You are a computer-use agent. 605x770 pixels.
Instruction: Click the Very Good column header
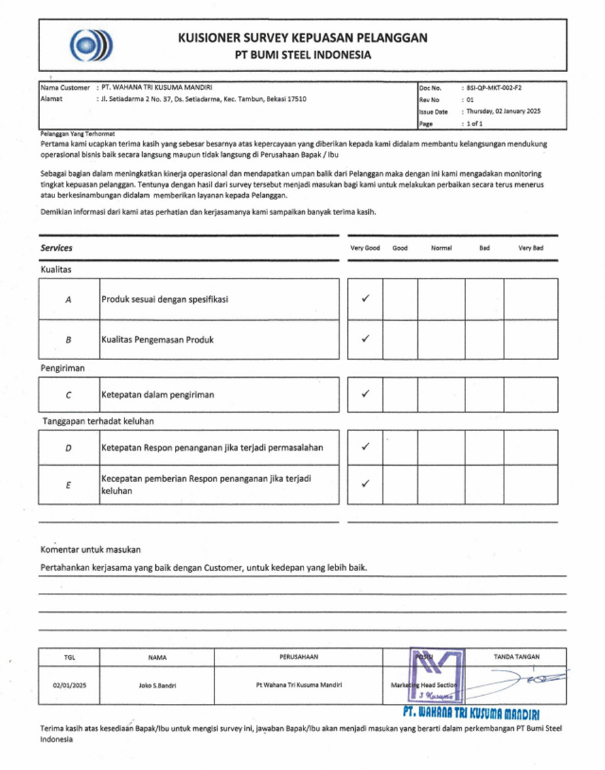point(365,248)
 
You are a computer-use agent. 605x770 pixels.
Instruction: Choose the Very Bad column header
point(531,248)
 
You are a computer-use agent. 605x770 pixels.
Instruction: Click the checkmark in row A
point(365,299)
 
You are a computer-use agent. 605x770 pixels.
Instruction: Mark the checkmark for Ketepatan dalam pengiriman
point(365,394)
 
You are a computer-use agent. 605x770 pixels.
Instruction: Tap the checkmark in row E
point(365,484)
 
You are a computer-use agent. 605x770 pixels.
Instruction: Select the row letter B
point(69,339)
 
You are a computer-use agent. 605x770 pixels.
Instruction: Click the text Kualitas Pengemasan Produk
point(157,339)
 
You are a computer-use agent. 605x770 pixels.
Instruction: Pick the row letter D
point(69,447)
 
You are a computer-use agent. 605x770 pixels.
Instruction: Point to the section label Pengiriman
point(63,368)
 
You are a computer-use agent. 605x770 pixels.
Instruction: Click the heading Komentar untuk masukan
point(91,549)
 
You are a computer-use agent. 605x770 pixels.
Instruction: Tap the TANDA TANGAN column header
point(517,657)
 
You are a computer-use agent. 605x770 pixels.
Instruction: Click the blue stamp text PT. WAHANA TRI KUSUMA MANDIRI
point(471,713)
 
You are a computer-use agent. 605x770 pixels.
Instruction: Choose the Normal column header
point(441,248)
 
